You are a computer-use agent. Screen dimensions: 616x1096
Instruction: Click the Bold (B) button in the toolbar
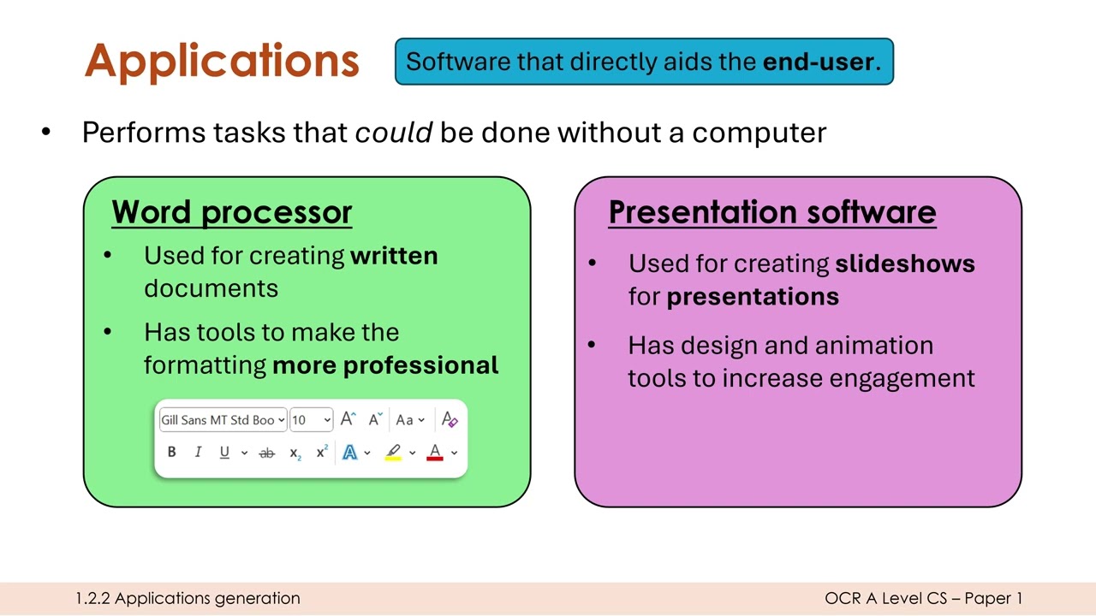(171, 453)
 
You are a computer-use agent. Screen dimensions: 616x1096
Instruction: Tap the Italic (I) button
(198, 453)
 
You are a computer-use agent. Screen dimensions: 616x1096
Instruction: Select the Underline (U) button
(224, 453)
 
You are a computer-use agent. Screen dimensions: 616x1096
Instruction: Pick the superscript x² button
(322, 452)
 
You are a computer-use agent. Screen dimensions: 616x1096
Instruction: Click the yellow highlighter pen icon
(393, 452)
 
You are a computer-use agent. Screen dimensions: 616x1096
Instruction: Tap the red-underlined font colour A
(434, 452)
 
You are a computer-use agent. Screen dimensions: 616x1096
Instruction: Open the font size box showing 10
(311, 419)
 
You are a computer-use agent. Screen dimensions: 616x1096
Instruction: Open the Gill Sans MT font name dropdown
(223, 419)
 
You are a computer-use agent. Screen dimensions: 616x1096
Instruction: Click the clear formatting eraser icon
(450, 419)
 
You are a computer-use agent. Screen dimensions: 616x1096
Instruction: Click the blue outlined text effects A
(349, 453)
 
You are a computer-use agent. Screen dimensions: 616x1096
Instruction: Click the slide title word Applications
(222, 61)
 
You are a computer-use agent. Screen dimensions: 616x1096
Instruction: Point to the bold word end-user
(819, 62)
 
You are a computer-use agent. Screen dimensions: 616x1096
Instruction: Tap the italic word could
(393, 133)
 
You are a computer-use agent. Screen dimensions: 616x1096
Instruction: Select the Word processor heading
(232, 212)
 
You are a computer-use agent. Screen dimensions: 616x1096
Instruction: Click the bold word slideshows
(905, 264)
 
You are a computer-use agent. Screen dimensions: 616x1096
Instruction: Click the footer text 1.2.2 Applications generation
(188, 599)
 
